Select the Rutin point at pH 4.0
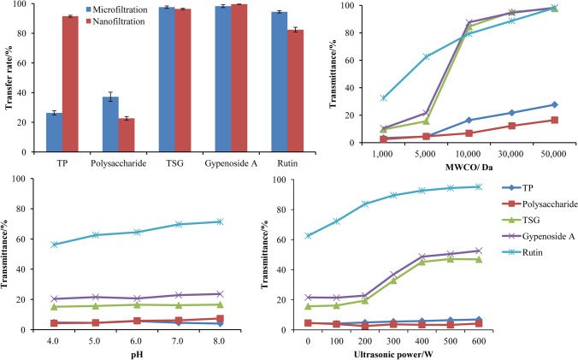click(x=56, y=245)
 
